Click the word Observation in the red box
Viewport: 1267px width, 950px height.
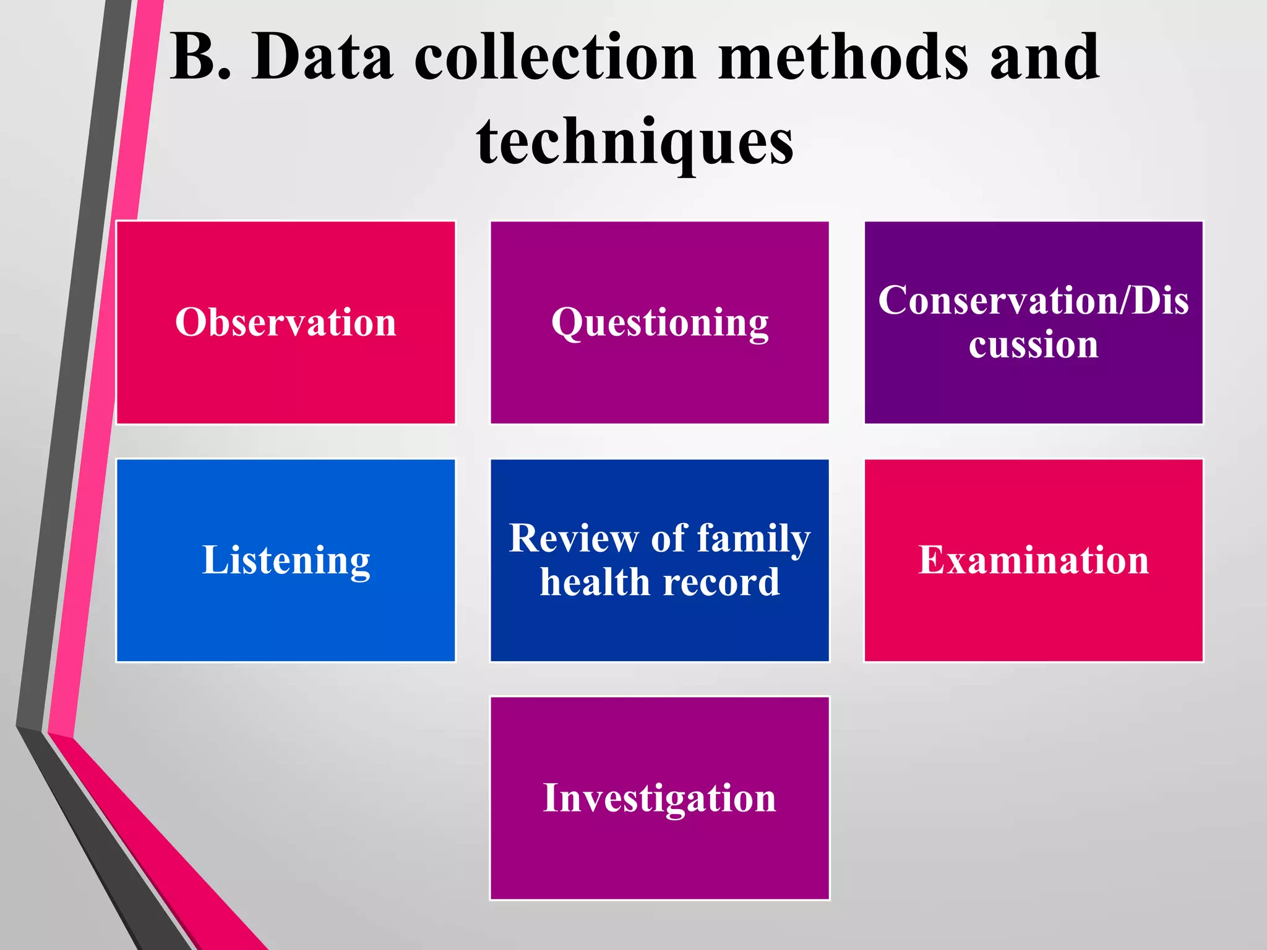pos(285,322)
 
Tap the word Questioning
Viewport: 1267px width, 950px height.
pos(659,323)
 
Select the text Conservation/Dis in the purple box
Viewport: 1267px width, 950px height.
pos(1033,301)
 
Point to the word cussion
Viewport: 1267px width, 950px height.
pos(1033,344)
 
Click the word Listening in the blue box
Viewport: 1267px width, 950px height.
pos(286,560)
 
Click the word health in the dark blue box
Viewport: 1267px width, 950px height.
pos(593,582)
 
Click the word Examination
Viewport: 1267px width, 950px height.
pos(1033,560)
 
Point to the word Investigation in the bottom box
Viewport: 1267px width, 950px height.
pos(659,798)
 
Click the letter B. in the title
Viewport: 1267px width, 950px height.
pos(200,57)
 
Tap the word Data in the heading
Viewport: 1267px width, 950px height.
pos(322,57)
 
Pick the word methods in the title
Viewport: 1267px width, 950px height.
pos(842,57)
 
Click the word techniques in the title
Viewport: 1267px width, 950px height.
pos(635,142)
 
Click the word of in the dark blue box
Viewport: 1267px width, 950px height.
pos(668,538)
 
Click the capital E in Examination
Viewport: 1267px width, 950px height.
pos(932,560)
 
